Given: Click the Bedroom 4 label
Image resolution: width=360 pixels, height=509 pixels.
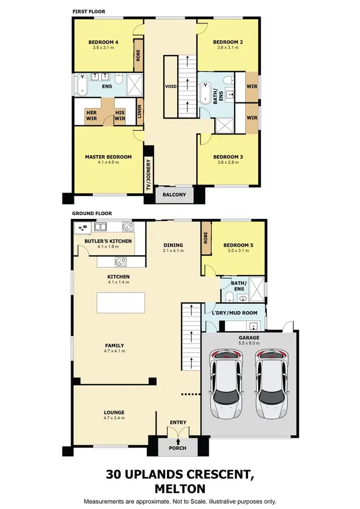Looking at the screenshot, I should tap(103, 42).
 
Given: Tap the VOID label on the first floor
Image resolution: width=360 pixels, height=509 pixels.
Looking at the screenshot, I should tap(171, 86).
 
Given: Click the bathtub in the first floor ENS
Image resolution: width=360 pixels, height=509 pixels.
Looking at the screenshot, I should tap(83, 85).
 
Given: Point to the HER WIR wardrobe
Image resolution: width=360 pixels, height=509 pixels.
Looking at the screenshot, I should tap(91, 115).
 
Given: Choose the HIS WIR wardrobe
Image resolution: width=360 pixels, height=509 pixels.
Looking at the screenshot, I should tap(120, 115).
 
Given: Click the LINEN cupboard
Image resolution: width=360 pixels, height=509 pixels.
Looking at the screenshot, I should tap(140, 112).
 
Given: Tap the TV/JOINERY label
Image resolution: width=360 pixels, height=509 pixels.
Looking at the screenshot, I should tap(149, 176).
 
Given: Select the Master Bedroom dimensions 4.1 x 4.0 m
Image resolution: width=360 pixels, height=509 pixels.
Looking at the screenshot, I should tap(108, 163).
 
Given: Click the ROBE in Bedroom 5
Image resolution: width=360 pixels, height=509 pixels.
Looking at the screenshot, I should tap(206, 237).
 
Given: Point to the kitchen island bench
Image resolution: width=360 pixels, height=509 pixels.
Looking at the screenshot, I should tap(121, 303).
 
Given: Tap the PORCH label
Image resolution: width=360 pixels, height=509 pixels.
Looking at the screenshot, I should tap(178, 448).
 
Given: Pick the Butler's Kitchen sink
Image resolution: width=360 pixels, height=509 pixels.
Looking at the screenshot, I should tap(101, 226).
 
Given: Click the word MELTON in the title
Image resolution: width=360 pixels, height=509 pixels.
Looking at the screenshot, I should tap(180, 489).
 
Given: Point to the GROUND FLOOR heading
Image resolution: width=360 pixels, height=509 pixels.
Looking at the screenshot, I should tap(92, 213).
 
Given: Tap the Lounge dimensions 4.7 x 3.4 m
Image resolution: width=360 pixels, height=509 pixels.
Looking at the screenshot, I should tap(114, 418).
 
